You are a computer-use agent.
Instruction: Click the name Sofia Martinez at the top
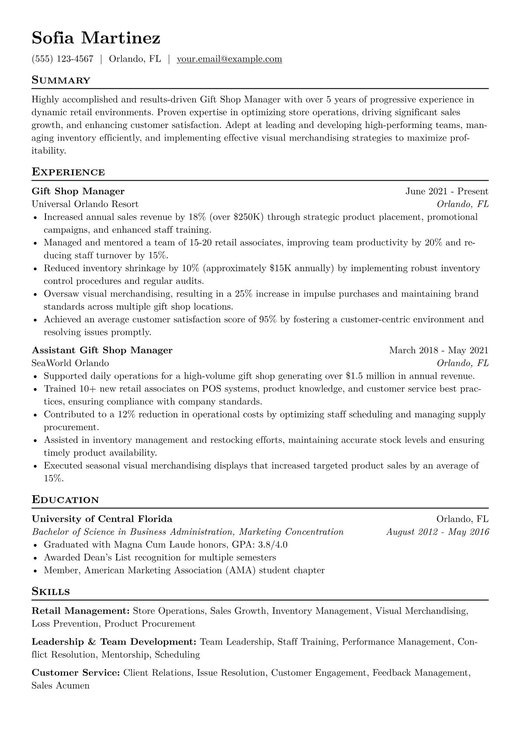pos(96,38)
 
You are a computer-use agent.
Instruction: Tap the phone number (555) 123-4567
pos(62,59)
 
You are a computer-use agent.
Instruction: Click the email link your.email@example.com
pos(229,59)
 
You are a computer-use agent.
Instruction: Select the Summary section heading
pos(61,80)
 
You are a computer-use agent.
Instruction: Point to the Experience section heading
pos(68,172)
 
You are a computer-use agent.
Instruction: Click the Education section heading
pos(66,500)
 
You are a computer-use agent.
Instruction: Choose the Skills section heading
pos(51,592)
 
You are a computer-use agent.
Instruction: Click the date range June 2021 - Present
pos(447,191)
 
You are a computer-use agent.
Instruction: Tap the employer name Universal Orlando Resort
pos(85,204)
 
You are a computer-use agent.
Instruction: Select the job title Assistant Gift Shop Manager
pos(102,350)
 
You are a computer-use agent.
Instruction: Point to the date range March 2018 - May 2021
pos(439,350)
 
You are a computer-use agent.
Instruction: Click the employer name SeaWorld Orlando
pos(70,363)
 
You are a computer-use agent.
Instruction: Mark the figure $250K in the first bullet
pos(247,217)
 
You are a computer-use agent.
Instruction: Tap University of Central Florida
pos(102,519)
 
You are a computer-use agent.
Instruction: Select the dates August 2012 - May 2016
pos(437,532)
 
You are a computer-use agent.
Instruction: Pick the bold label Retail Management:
pos(81,611)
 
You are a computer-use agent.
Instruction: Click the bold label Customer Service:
pos(76,673)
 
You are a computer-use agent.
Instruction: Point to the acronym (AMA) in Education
pos(241,570)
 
